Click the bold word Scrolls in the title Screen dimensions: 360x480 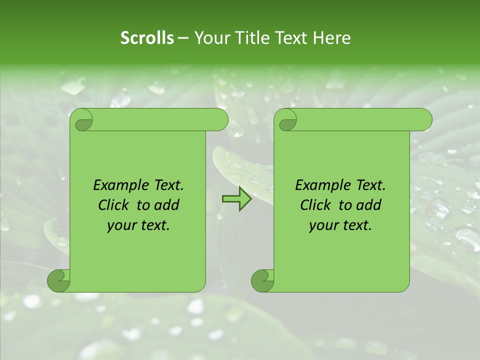pyautogui.click(x=147, y=38)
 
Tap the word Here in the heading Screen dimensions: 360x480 pyautogui.click(x=332, y=38)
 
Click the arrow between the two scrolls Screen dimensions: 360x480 pyautogui.click(x=236, y=199)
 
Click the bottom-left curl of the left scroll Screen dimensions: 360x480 pyautogui.click(x=59, y=280)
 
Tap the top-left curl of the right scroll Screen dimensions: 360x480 pyautogui.click(x=287, y=120)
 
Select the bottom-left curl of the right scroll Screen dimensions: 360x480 pyautogui.click(x=262, y=280)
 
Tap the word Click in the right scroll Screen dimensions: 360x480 pyautogui.click(x=315, y=205)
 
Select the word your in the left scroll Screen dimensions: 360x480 pyautogui.click(x=121, y=225)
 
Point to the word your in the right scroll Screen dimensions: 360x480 pyautogui.click(x=323, y=225)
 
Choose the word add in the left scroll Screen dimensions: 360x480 pyautogui.click(x=167, y=205)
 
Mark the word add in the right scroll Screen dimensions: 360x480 pyautogui.click(x=369, y=205)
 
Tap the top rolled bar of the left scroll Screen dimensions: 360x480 pyautogui.click(x=155, y=120)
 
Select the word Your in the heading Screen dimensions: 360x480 pyautogui.click(x=210, y=38)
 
